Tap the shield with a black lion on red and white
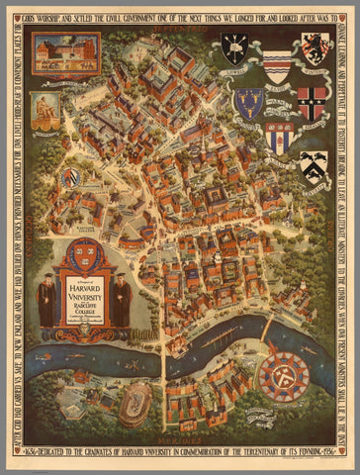point(315,47)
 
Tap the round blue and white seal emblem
point(70,178)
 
